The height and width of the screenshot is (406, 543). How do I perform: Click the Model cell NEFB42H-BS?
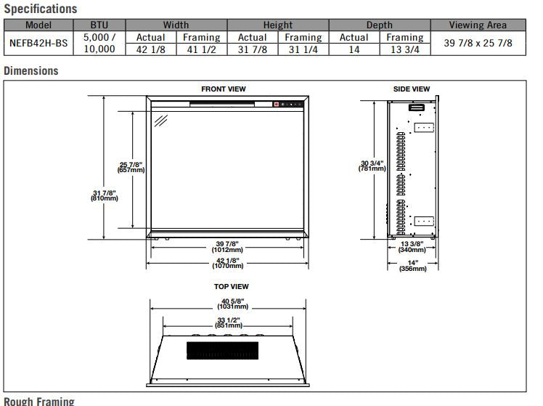(38, 43)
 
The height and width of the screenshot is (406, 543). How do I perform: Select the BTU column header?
(99, 25)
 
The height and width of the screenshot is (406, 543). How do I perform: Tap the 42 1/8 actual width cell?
(151, 49)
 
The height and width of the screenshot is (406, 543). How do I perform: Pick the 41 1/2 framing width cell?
(202, 49)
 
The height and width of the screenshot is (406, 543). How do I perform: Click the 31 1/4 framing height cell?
(303, 49)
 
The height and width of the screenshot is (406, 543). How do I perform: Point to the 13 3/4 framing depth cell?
(405, 49)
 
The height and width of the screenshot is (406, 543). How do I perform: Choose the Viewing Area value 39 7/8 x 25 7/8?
(478, 43)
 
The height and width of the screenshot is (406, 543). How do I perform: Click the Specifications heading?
(41, 9)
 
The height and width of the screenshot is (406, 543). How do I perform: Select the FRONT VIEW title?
(224, 89)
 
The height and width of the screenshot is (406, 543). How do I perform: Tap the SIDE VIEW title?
(412, 89)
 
